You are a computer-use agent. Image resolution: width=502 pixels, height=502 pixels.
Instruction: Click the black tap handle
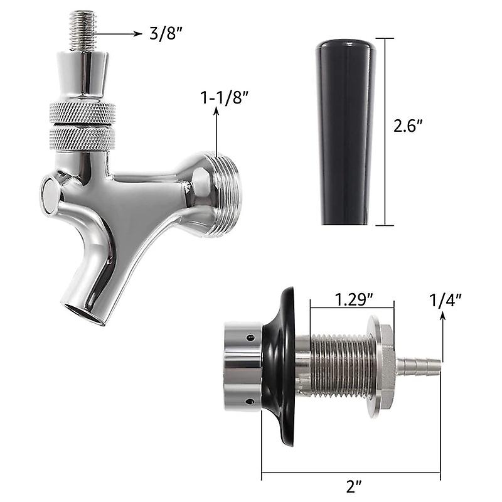346,132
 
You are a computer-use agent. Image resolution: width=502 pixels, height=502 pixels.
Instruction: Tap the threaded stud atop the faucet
83,30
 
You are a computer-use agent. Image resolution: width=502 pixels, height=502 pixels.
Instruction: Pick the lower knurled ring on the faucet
83,136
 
